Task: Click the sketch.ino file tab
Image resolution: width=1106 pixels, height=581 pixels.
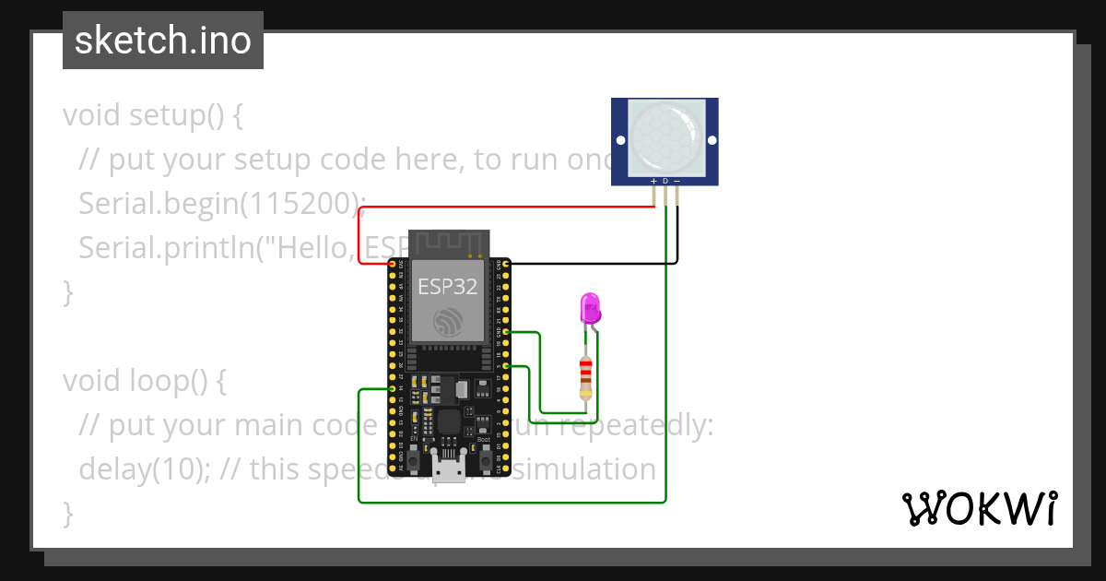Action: click(163, 41)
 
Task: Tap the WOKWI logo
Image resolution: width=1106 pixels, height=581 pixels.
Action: click(979, 508)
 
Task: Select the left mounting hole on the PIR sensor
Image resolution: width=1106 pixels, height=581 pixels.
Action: click(620, 142)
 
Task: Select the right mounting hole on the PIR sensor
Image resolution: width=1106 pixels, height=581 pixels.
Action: click(711, 142)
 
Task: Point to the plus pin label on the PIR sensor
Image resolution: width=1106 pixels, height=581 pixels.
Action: click(653, 181)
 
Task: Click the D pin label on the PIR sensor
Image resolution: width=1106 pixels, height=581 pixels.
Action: click(665, 181)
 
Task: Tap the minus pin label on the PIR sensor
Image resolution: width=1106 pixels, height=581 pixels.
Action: click(677, 181)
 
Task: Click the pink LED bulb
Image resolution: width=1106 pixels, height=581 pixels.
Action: click(589, 307)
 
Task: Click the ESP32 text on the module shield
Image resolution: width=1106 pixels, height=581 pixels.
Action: click(448, 286)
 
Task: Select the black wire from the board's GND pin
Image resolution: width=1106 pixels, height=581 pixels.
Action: click(590, 263)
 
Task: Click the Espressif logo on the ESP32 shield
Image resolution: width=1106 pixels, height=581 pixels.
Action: click(449, 321)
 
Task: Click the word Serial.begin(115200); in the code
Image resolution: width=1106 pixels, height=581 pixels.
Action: click(222, 204)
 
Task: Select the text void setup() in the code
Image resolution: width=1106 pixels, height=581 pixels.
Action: click(152, 115)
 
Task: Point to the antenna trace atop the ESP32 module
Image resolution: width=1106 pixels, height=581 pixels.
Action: click(448, 243)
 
